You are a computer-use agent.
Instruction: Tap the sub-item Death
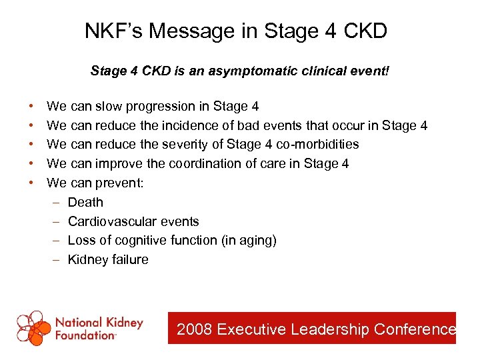85,202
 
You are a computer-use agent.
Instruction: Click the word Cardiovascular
111,221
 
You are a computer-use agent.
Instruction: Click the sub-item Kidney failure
108,260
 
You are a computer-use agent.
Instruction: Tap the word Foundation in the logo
85,336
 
